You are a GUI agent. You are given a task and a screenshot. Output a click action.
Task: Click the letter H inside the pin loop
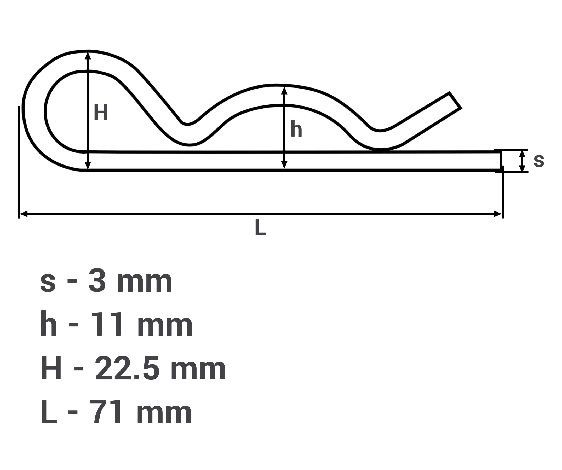101,112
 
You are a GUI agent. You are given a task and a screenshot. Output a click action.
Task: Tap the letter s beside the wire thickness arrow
539,161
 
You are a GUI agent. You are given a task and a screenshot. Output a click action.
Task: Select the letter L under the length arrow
260,227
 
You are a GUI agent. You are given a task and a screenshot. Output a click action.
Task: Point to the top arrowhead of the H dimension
88,56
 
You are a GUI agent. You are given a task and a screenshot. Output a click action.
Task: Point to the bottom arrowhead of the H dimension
88,165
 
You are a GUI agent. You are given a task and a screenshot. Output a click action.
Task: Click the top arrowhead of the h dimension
284,90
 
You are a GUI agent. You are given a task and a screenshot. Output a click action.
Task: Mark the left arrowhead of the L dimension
24,214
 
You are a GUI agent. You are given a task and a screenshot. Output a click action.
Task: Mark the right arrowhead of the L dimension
498,214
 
